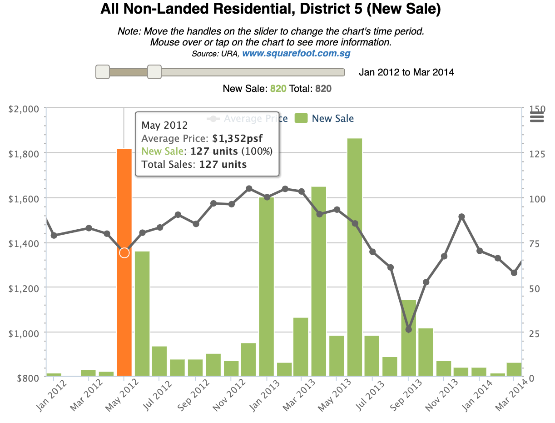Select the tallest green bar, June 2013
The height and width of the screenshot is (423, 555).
pos(355,257)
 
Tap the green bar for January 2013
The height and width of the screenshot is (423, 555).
pos(266,287)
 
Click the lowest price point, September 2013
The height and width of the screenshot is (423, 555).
pos(408,329)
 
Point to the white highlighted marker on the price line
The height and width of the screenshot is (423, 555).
pos(124,253)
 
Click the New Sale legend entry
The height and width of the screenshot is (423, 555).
pos(324,119)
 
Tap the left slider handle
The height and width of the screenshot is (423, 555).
pos(103,72)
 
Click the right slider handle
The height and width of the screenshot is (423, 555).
pos(154,72)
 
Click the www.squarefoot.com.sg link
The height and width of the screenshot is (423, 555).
pos(296,53)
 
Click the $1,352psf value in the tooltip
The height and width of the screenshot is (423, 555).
pos(238,138)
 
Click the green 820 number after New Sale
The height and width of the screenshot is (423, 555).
pos(278,89)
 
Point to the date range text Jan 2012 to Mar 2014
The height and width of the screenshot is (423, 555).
pos(406,72)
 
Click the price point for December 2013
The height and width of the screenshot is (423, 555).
pos(461,217)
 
